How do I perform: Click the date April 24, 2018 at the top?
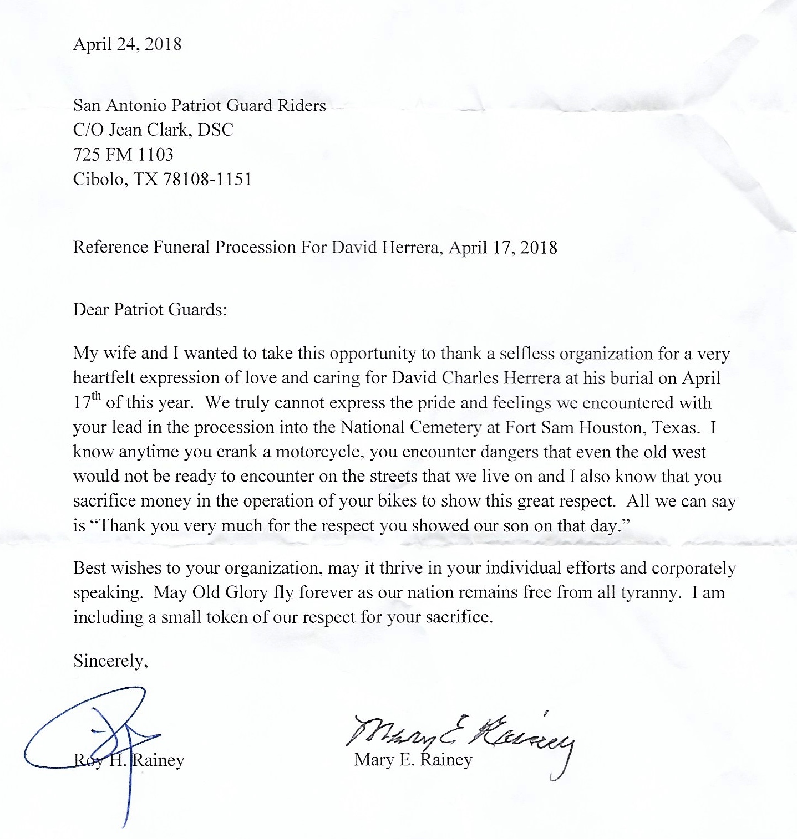click(127, 44)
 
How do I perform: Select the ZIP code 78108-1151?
click(207, 179)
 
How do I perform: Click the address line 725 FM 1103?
click(123, 154)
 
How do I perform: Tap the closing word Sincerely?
click(110, 661)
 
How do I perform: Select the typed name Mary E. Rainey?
click(413, 759)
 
